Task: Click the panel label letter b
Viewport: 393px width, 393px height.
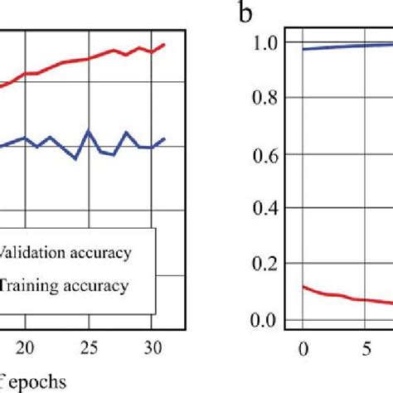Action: [245, 16]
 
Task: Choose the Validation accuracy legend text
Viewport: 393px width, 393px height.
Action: [65, 253]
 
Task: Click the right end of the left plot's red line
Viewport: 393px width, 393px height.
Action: [164, 45]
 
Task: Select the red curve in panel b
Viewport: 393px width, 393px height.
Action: [348, 298]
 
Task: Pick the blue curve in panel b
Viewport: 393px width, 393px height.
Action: [348, 46]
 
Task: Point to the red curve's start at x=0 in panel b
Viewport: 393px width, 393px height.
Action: [303, 287]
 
